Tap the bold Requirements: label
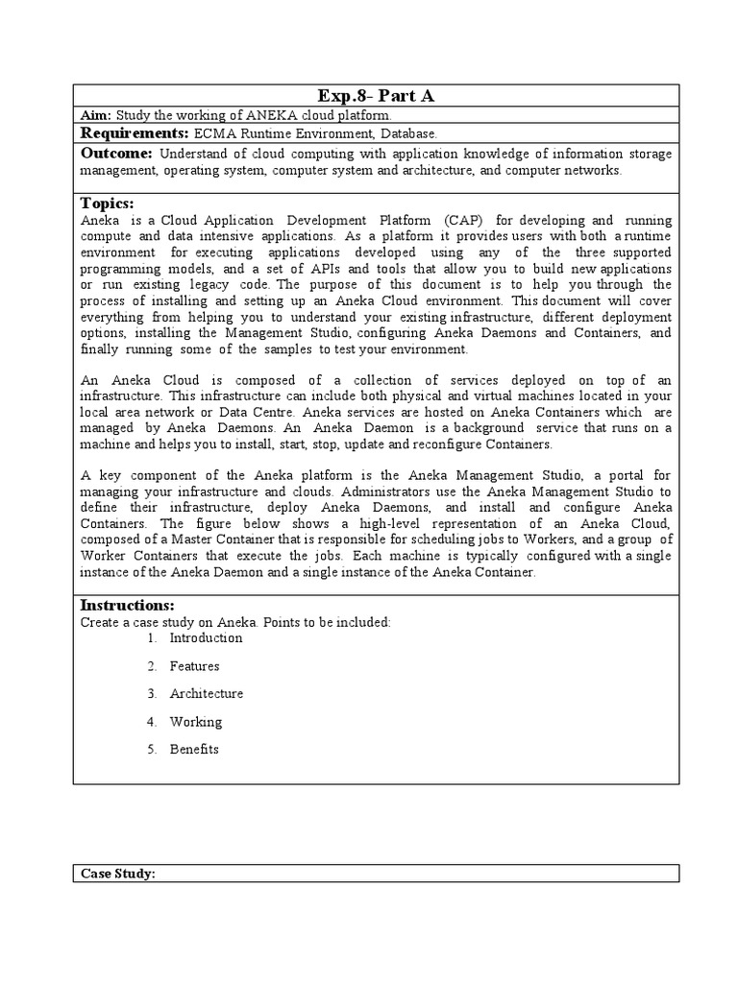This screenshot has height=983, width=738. (134, 133)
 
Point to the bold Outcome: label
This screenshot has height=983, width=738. (116, 154)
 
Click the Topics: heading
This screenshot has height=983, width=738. (107, 204)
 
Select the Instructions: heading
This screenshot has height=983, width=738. (127, 605)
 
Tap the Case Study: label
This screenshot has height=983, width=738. (118, 874)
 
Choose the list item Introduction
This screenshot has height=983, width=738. (206, 637)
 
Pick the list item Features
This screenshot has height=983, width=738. (194, 665)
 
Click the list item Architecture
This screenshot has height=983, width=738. (206, 693)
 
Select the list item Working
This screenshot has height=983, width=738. (195, 721)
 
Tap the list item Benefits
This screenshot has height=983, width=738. (194, 749)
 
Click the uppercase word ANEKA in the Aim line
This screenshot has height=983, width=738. (246, 115)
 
